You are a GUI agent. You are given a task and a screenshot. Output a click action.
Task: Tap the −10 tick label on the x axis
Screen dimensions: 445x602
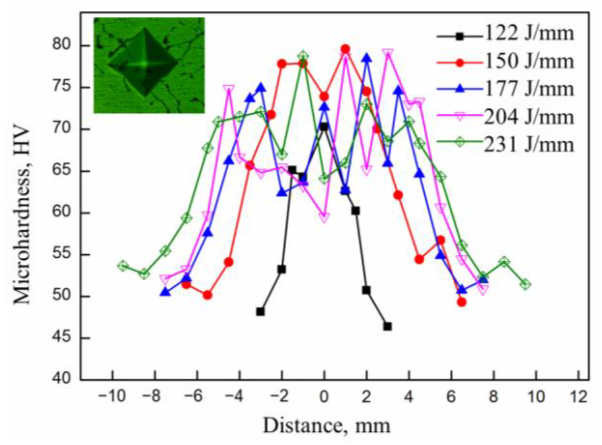112,397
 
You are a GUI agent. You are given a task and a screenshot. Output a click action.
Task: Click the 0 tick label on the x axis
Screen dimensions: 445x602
324,397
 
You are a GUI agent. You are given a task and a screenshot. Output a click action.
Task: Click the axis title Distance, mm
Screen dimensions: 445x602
327,426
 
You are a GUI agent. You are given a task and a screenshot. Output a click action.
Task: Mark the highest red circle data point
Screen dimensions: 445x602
345,49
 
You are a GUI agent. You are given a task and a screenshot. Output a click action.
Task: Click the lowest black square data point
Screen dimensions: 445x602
387,327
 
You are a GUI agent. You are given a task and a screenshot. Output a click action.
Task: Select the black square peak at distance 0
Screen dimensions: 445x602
324,127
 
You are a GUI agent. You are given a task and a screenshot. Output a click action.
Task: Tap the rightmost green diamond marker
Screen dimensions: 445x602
525,284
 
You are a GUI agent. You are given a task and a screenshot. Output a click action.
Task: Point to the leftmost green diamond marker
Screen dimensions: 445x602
123,266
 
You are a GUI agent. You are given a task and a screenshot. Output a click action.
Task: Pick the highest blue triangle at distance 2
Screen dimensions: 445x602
367,58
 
